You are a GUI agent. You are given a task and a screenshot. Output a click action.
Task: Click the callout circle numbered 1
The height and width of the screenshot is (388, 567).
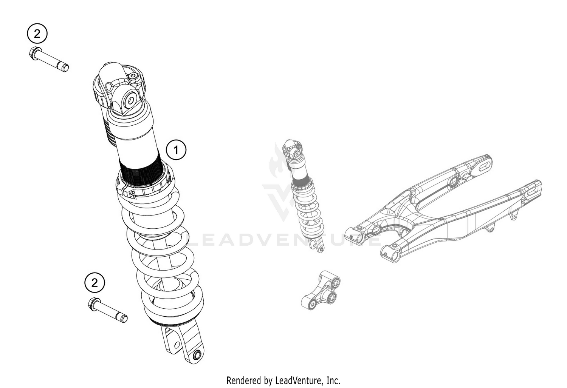pyautogui.click(x=176, y=150)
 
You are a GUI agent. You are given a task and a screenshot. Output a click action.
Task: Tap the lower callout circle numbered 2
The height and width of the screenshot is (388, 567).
pyautogui.click(x=94, y=282)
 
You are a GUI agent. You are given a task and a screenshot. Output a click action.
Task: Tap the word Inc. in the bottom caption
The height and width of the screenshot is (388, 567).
pyautogui.click(x=333, y=380)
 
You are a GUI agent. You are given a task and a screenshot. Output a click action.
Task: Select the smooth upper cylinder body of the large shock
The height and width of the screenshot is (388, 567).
pyautogui.click(x=136, y=136)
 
